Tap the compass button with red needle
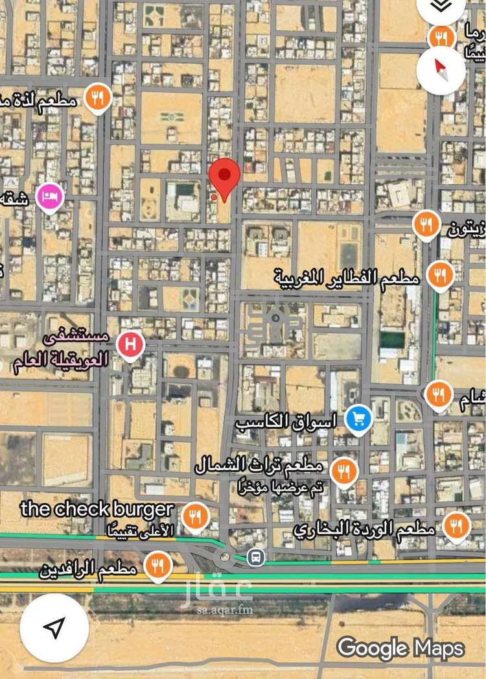tap(441, 67)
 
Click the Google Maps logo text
tap(400, 647)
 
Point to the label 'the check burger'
tap(97, 509)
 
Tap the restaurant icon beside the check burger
tap(194, 516)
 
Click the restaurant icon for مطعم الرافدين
tap(157, 565)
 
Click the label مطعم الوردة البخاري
tap(364, 529)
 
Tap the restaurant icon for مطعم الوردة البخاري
tap(457, 526)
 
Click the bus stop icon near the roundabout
tap(257, 556)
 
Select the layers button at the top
tap(441, 6)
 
